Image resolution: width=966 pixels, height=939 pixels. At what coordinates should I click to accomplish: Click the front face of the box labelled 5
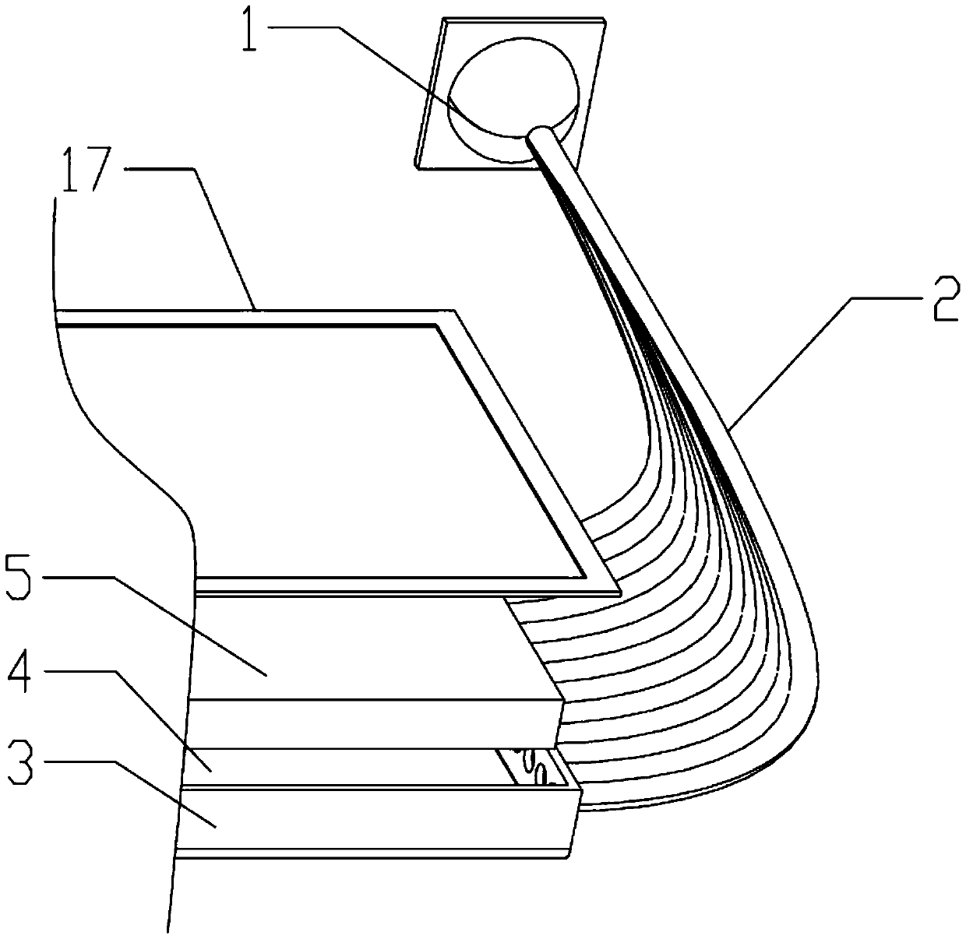374,723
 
